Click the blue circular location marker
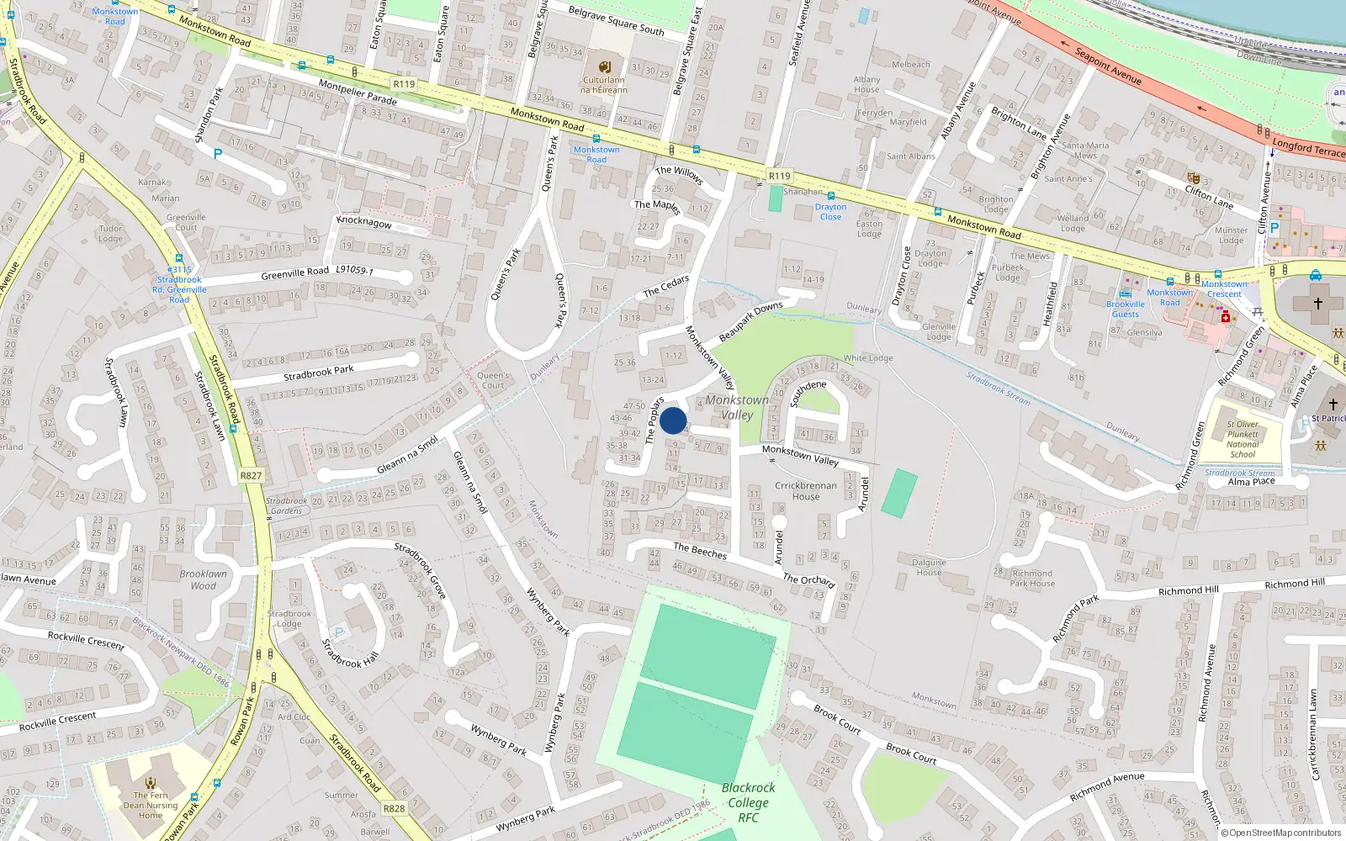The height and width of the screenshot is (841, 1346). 673,420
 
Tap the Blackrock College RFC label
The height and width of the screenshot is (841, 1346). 748,802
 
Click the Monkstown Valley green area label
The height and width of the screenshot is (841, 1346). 737,407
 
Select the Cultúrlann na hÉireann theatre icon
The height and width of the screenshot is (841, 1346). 604,66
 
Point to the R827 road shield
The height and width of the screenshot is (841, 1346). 251,475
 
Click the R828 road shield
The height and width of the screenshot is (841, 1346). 394,808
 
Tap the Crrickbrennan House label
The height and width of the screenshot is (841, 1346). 806,490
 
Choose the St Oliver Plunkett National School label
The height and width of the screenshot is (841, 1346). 1243,439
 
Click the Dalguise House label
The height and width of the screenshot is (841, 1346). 929,567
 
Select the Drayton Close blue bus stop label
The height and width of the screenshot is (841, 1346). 830,211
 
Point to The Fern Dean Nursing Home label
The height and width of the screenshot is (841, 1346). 151,805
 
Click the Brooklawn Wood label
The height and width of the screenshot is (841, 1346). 203,579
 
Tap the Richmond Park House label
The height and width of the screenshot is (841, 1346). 1031,578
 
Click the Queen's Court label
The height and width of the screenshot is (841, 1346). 493,380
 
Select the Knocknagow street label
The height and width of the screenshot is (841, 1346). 363,222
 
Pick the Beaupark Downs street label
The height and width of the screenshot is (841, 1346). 750,321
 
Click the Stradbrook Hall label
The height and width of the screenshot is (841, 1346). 350,653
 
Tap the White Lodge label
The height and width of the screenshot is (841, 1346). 868,358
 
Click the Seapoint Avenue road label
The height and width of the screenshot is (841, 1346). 1108,66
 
